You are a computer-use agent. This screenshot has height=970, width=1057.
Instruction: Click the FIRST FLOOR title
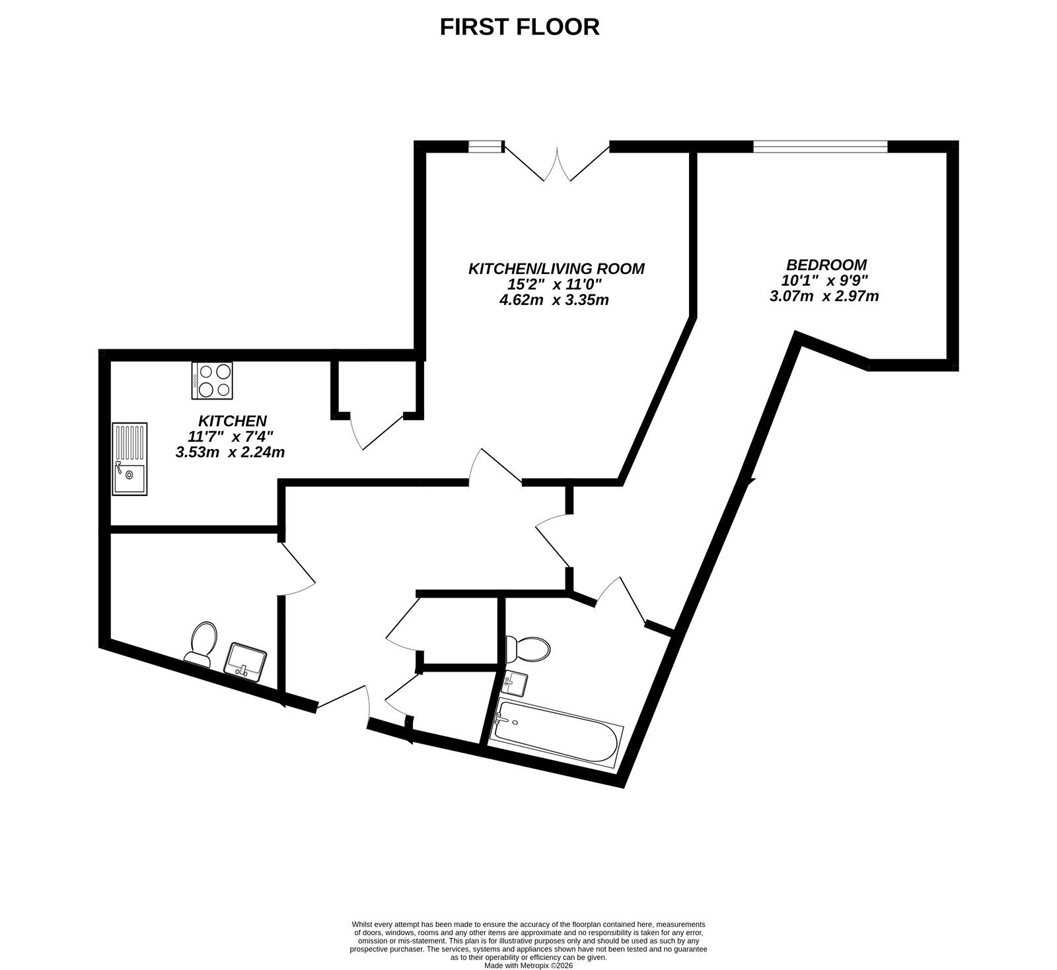(520, 27)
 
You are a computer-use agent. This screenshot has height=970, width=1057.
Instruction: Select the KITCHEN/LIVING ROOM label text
(556, 269)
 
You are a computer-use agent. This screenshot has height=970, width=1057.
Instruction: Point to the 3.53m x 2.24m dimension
(230, 452)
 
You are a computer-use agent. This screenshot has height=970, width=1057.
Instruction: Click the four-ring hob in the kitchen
(212, 380)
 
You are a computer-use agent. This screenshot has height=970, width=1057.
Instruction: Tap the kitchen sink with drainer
(130, 459)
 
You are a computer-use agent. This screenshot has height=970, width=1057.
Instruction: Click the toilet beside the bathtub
(527, 648)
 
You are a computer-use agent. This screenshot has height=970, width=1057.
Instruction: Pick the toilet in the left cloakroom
(201, 643)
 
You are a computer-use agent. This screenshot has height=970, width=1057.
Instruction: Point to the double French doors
(557, 161)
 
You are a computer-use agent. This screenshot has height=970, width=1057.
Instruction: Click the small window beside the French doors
(486, 146)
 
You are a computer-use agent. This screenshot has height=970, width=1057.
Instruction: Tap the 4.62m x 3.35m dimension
(554, 300)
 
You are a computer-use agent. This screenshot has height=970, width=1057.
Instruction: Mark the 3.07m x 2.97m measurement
(824, 296)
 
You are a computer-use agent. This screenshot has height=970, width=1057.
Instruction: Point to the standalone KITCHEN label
(233, 421)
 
